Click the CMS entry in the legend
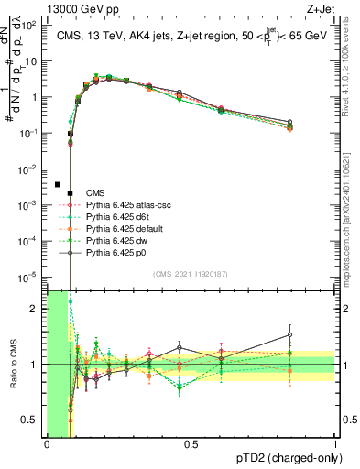(96, 192)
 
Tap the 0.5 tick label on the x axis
(191, 443)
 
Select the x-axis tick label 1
(334, 443)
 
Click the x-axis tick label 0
(47, 443)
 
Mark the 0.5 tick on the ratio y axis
(33, 420)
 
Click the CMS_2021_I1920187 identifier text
(191, 273)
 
